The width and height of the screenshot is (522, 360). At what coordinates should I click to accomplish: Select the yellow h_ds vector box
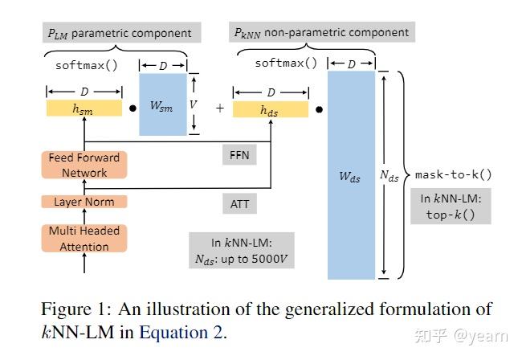click(270, 110)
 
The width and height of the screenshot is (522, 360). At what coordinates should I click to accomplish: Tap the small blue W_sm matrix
click(163, 104)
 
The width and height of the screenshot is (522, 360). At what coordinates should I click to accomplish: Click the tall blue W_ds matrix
click(351, 174)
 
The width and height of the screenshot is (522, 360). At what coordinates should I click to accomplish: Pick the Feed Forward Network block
click(84, 165)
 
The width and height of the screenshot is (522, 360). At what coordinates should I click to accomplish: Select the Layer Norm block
click(84, 202)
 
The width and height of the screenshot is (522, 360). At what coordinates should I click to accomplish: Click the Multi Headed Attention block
click(84, 239)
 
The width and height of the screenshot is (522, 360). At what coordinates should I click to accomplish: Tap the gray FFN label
click(238, 153)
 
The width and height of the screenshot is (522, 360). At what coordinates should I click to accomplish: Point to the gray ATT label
click(239, 203)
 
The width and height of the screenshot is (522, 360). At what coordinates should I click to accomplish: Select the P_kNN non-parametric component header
click(322, 33)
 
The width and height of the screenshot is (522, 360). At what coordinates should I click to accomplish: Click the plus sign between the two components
click(219, 108)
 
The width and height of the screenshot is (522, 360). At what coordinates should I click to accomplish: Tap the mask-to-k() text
click(453, 174)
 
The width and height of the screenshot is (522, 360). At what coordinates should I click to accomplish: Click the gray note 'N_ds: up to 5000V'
click(241, 252)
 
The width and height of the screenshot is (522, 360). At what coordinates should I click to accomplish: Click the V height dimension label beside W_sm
click(194, 104)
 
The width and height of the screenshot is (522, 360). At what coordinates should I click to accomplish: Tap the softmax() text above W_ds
click(286, 63)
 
